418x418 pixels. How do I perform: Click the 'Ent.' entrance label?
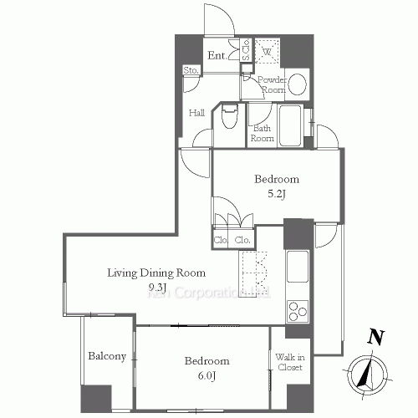(x=216, y=56)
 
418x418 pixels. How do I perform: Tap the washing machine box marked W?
(x=268, y=52)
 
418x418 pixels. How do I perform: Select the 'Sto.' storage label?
(x=191, y=70)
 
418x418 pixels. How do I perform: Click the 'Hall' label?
(x=197, y=113)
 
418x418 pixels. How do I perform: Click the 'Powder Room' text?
(x=273, y=84)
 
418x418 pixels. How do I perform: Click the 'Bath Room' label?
(x=263, y=134)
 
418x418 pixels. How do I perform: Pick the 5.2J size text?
(x=277, y=195)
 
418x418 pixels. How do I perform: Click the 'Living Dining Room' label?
(x=156, y=273)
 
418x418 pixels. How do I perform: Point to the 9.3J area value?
(x=157, y=288)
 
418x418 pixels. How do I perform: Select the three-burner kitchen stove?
(x=298, y=310)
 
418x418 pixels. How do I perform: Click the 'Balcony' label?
(x=107, y=356)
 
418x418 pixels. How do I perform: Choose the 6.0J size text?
(x=206, y=375)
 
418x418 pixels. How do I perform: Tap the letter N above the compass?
(x=377, y=339)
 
